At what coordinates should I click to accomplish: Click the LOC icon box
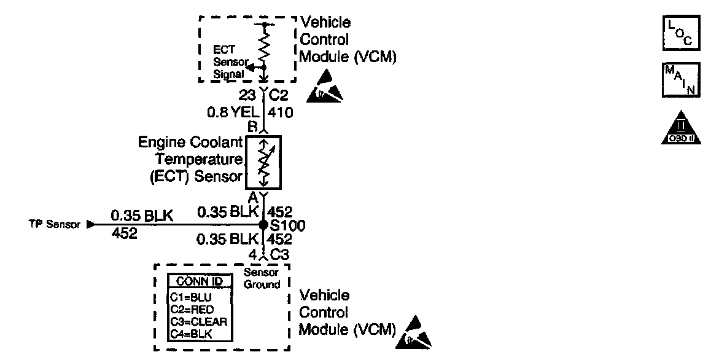click(x=681, y=33)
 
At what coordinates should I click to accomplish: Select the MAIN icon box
click(x=681, y=80)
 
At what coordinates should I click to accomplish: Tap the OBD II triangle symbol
click(x=681, y=128)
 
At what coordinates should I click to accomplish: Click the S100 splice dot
click(x=263, y=225)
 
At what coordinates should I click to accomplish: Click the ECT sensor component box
click(x=263, y=162)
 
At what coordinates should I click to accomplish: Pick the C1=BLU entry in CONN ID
click(x=190, y=296)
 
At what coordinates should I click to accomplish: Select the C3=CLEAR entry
click(x=198, y=321)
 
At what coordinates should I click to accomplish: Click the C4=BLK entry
click(x=190, y=334)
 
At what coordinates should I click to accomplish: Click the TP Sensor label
click(x=54, y=225)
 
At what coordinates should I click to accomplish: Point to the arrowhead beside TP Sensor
click(x=91, y=225)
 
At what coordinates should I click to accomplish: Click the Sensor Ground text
click(x=262, y=278)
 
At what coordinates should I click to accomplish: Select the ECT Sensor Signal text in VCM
click(x=228, y=61)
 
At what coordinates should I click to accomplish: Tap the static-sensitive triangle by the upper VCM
click(x=328, y=85)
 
